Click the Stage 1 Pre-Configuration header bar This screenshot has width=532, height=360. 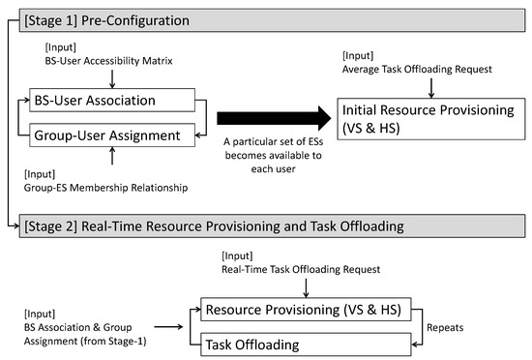click(x=266, y=18)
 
